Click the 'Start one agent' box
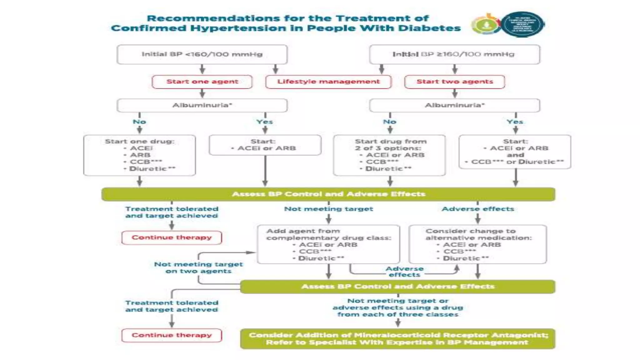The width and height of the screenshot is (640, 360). [x=202, y=82]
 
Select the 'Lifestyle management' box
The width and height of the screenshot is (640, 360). [x=328, y=82]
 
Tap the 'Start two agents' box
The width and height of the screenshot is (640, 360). [x=454, y=82]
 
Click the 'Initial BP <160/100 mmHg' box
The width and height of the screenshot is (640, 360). [x=202, y=54]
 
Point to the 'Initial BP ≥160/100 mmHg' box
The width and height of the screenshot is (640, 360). [x=454, y=54]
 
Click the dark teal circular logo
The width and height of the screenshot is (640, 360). [x=522, y=24]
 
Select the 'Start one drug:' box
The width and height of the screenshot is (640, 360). [x=139, y=155]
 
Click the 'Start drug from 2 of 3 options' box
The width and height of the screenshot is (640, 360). [x=389, y=155]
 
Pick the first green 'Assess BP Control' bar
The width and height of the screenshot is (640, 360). [x=328, y=194]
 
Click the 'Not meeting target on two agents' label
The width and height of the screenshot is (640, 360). [x=198, y=267]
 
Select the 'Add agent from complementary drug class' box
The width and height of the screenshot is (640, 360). [x=328, y=244]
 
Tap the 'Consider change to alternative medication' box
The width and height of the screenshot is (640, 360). [x=477, y=244]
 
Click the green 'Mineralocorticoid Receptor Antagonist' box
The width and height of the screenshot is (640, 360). [x=397, y=339]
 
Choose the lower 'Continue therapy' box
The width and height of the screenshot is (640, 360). [x=172, y=335]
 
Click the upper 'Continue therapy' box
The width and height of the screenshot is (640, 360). [x=172, y=237]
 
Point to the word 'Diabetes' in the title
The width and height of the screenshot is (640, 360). [x=429, y=28]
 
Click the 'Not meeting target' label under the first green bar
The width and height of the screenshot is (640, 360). [x=328, y=209]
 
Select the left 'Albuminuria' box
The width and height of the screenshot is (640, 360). [x=202, y=105]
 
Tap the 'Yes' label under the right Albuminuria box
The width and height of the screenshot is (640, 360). [x=515, y=122]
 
